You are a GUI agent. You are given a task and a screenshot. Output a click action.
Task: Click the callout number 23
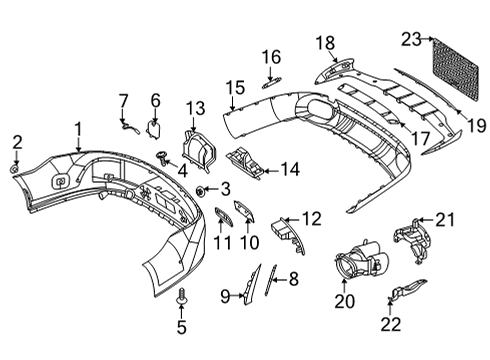tap(411, 40)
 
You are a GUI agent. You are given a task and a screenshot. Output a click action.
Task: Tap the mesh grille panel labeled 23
tap(455, 68)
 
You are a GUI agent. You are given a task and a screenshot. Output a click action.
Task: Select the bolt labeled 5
tap(181, 295)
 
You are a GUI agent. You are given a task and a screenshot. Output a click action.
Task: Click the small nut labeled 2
tap(14, 169)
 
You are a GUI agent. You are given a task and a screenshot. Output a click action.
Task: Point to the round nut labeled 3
tap(201, 191)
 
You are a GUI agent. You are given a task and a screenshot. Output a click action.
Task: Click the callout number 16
tap(271, 57)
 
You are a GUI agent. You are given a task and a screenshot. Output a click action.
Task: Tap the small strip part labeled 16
tap(271, 83)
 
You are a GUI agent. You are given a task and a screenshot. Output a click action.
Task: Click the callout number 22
tap(391, 324)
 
